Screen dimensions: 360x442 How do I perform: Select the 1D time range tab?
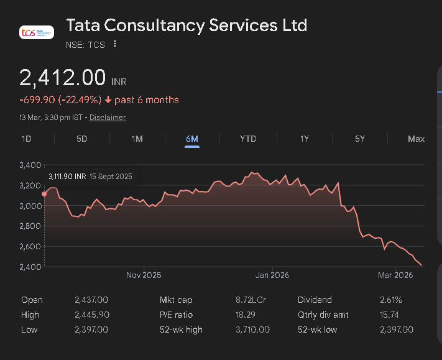tap(27, 139)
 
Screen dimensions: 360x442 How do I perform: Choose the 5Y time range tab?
tap(360, 139)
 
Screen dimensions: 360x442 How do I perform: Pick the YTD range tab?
tap(248, 139)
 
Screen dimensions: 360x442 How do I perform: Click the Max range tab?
tap(416, 139)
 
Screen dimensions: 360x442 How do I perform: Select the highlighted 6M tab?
tap(192, 139)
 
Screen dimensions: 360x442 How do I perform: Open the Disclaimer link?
tap(108, 118)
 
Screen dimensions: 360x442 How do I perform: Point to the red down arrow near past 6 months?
tap(108, 100)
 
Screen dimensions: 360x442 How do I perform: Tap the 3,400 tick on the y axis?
tap(31, 165)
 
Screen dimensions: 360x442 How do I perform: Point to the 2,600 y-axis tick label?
tap(31, 247)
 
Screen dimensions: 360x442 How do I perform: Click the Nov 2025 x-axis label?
tap(144, 275)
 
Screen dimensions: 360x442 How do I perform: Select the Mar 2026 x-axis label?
tap(395, 275)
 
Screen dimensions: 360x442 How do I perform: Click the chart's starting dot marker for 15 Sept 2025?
tap(44, 194)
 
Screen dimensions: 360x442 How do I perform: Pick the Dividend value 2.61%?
tap(390, 300)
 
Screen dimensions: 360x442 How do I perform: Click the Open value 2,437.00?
tap(91, 300)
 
